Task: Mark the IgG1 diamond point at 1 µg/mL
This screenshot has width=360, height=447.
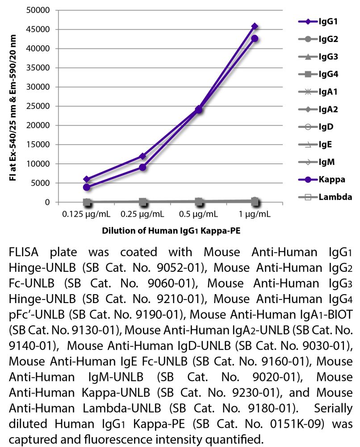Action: tap(255, 26)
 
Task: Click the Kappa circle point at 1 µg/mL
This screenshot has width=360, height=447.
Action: tap(255, 38)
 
